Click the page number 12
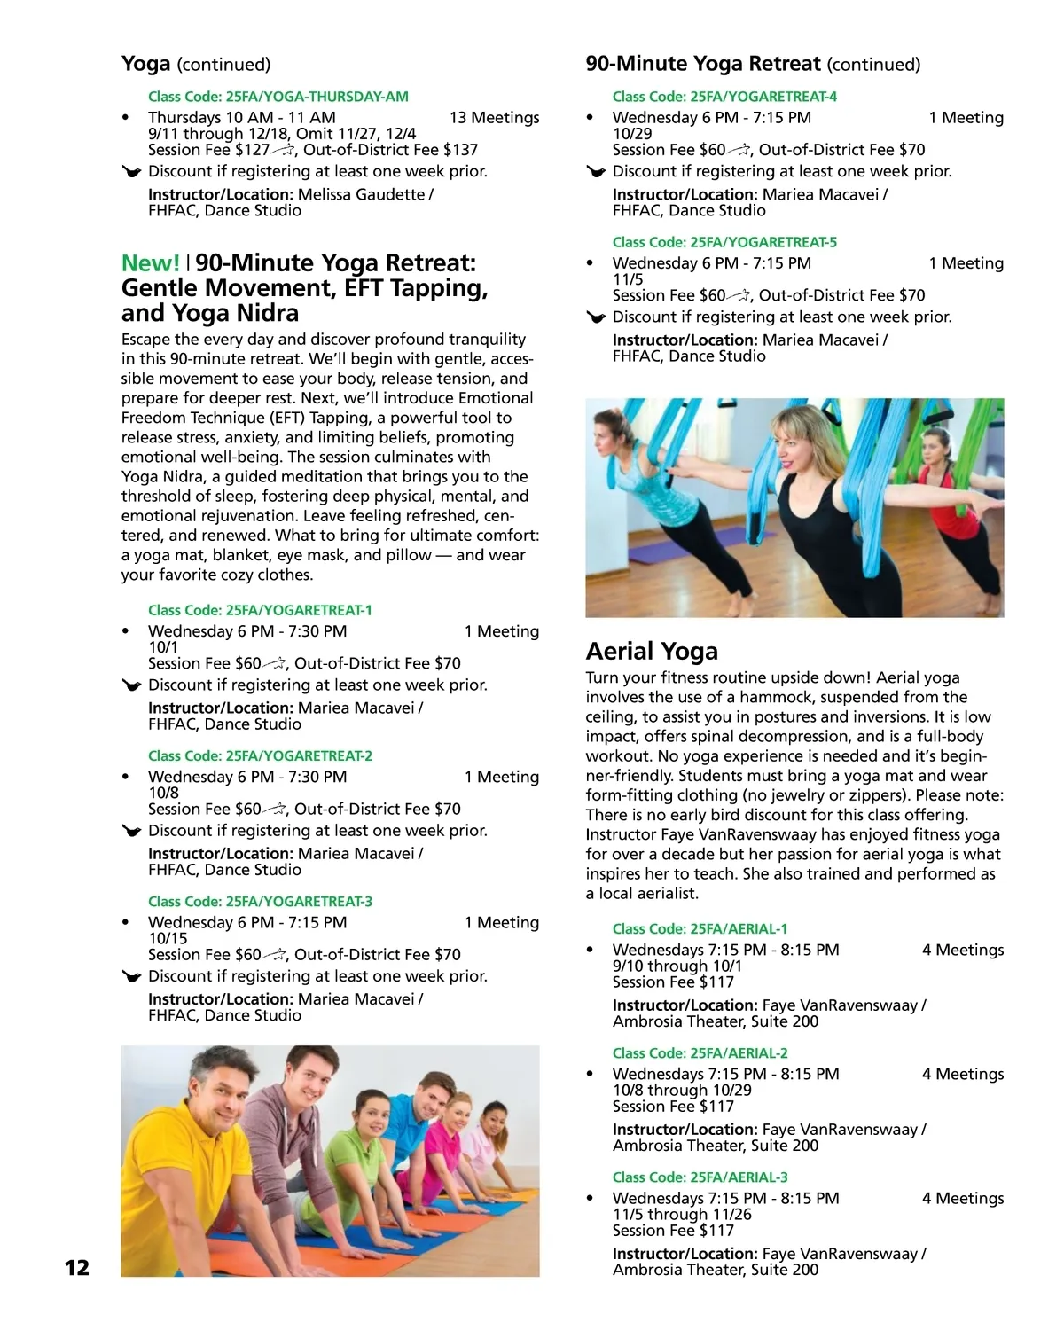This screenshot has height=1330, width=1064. pos(77,1268)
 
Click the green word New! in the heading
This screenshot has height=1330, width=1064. pos(151,263)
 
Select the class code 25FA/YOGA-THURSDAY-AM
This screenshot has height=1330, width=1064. pos(278,97)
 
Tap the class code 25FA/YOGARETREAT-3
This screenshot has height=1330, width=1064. pos(260,902)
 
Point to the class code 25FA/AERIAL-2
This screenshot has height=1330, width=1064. pos(700,1053)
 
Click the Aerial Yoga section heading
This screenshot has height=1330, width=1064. pos(652,652)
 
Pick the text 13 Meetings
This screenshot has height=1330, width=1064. pos(494,118)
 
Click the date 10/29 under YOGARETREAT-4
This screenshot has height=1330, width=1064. pos(631,134)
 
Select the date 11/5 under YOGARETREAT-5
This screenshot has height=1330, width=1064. pos(628,279)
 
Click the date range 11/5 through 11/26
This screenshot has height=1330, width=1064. pos(681,1215)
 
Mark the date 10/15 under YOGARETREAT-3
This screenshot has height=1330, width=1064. pos(168,939)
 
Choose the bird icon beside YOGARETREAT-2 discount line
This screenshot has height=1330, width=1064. pos(132,832)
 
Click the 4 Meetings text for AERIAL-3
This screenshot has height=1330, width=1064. pos(962,1199)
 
